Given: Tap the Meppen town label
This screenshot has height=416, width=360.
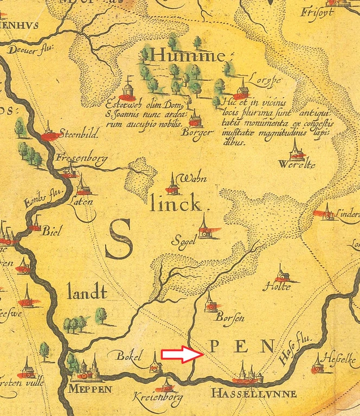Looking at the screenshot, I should (x=90, y=389).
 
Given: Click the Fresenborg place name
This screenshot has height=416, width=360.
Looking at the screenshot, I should (x=81, y=158).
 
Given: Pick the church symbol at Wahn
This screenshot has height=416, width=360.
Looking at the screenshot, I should (x=172, y=185).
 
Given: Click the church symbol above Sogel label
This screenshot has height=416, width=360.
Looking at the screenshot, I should (x=204, y=227).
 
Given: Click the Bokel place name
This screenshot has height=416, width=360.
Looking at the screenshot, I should (x=129, y=356).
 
